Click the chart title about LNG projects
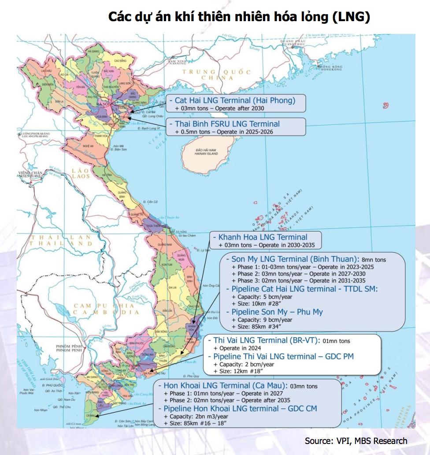click(x=239, y=17)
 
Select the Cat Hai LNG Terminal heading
click(x=234, y=100)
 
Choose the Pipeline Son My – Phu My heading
click(x=277, y=312)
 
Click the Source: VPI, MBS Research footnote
click(x=356, y=441)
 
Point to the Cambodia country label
click(x=102, y=309)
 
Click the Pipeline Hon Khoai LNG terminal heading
click(x=240, y=408)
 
